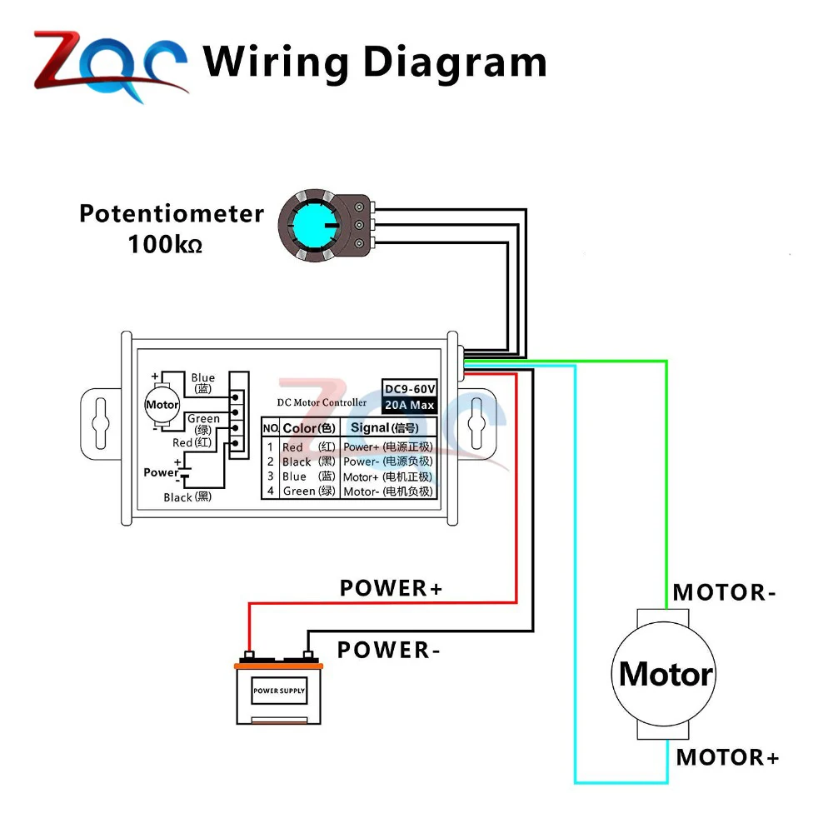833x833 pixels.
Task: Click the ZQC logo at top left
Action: (111, 67)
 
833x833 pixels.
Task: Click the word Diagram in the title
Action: (455, 63)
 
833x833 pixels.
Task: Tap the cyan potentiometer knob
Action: (316, 225)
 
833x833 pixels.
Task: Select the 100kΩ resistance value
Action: (165, 244)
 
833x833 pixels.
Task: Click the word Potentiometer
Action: (172, 213)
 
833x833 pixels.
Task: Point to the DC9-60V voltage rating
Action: (410, 388)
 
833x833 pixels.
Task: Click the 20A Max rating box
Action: (410, 405)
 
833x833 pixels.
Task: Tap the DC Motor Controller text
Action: (322, 402)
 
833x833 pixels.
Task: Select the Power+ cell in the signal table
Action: (388, 446)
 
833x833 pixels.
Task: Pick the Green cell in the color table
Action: (309, 491)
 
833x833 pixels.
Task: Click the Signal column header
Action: (385, 427)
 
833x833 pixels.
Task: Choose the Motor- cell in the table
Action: (388, 491)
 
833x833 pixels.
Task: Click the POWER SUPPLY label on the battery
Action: (279, 691)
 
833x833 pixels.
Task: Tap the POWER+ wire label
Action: (391, 588)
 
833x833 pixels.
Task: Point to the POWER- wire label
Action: (389, 650)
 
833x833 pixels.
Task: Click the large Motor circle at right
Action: (664, 674)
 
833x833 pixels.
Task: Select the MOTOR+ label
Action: (727, 757)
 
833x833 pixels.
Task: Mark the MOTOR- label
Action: (724, 592)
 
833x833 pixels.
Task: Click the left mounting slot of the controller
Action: (101, 423)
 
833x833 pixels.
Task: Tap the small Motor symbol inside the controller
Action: (162, 405)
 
